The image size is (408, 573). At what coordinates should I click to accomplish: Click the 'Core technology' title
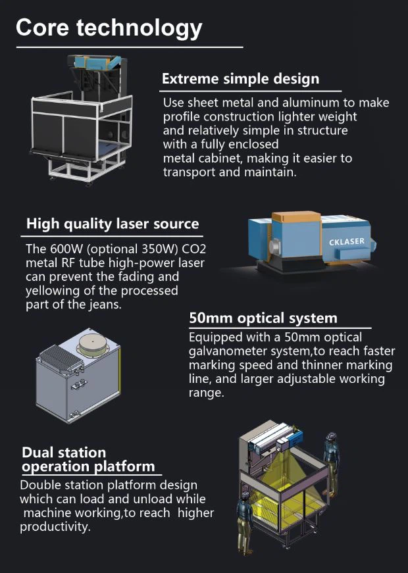coord(109,28)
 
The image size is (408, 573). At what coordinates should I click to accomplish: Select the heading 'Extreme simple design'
coord(241,79)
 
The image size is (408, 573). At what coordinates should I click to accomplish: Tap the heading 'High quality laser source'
coord(113,224)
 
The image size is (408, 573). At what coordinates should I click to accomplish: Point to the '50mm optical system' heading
coord(263,318)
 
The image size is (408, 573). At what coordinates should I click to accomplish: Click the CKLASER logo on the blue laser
coord(347,241)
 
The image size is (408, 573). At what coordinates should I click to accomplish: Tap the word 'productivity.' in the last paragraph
coord(55,527)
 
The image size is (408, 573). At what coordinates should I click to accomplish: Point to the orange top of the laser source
coord(296,216)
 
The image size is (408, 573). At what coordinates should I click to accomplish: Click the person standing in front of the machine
coord(245,522)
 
